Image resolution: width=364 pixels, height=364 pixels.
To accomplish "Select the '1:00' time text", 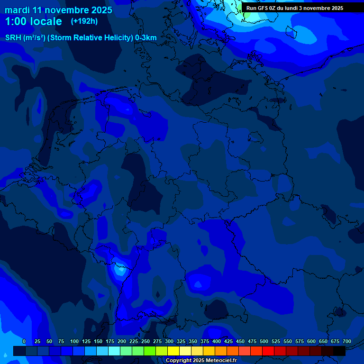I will pyautogui.click(x=18, y=21).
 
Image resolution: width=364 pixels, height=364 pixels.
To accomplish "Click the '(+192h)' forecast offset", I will pyautogui.click(x=84, y=21).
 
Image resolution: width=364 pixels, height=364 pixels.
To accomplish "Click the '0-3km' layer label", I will pyautogui.click(x=146, y=38).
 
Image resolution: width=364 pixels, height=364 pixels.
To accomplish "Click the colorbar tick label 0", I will pyautogui.click(x=24, y=341).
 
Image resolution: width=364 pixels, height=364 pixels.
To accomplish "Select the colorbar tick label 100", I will pyautogui.click(x=74, y=341).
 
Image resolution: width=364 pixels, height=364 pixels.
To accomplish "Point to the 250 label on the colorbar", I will pyautogui.click(x=146, y=341).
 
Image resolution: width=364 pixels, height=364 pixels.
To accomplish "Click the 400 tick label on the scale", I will pyautogui.click(x=217, y=341).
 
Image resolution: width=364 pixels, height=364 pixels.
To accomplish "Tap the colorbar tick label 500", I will pyautogui.click(x=264, y=341).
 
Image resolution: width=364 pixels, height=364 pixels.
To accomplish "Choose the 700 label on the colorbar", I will pyautogui.click(x=347, y=341).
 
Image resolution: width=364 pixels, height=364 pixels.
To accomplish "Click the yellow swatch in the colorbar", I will pyautogui.click(x=173, y=351).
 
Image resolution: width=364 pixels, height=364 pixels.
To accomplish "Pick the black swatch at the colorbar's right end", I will pyautogui.click(x=339, y=351).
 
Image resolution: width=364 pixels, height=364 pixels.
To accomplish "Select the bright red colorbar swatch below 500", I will pyautogui.click(x=268, y=351).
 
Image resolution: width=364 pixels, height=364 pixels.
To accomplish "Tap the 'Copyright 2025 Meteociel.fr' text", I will pyautogui.click(x=201, y=360).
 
